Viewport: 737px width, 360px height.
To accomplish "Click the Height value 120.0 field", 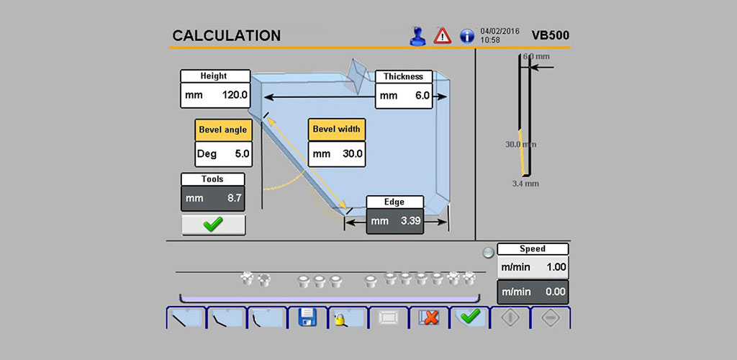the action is [215, 96].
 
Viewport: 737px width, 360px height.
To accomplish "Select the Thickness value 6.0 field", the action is [404, 96].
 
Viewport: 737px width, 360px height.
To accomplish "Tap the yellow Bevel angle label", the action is [223, 130].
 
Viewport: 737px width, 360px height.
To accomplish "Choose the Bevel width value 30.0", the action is [337, 153].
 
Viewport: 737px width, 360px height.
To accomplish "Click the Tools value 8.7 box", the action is [213, 198].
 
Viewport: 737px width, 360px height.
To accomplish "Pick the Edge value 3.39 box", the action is [395, 221].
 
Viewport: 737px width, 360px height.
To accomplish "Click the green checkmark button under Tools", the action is [213, 225].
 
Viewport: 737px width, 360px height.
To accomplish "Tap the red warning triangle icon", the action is [443, 36].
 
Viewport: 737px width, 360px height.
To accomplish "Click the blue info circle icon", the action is [466, 36].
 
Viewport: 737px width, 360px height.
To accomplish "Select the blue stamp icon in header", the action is [417, 36].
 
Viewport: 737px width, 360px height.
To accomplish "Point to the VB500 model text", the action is [551, 35].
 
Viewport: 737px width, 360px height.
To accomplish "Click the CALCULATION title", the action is [227, 36].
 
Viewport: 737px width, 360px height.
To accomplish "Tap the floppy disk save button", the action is [308, 318].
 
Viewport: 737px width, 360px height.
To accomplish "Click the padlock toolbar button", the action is [348, 318].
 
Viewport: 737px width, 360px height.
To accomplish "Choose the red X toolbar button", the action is [429, 318].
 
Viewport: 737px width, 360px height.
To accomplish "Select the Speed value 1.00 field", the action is [533, 267].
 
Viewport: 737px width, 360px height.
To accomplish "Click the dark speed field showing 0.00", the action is [533, 292].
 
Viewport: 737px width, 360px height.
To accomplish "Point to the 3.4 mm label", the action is [525, 184].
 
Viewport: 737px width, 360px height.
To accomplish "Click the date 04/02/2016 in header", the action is [499, 32].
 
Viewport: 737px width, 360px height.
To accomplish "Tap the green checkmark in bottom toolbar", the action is [469, 318].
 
